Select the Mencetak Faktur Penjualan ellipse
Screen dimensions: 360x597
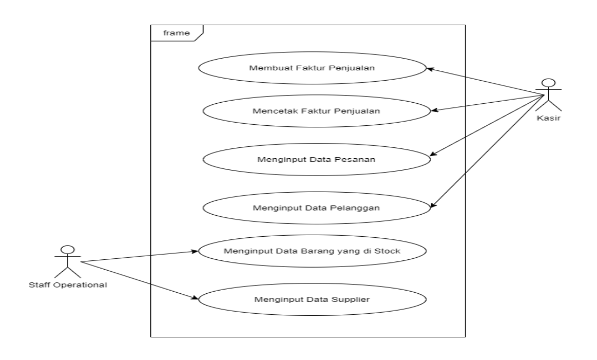tap(316, 110)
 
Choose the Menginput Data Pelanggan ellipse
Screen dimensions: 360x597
tap(316, 208)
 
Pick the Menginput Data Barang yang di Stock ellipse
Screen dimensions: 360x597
tap(312, 252)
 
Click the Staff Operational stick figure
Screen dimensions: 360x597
tap(67, 262)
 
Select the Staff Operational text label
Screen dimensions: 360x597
tap(68, 285)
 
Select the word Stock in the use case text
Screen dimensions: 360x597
tap(390, 252)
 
